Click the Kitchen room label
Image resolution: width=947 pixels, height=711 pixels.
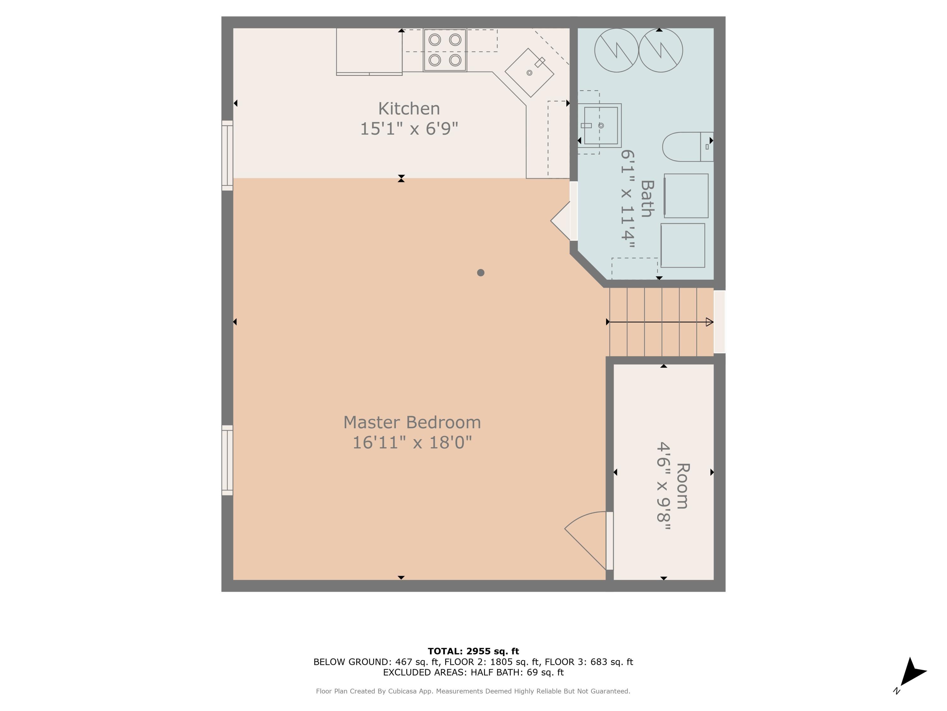tap(409, 109)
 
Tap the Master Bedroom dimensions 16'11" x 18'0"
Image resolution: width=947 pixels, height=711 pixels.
tap(412, 443)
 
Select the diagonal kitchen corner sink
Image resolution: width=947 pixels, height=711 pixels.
tap(530, 72)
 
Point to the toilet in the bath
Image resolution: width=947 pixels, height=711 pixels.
tap(685, 147)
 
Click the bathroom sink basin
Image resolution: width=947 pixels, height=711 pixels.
tap(601, 125)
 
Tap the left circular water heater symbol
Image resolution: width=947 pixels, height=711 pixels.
tap(616, 50)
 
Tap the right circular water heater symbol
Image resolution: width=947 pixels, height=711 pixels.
tap(661, 50)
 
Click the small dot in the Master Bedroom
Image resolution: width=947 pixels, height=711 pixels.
tap(480, 273)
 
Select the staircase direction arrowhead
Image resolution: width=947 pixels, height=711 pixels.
tap(709, 322)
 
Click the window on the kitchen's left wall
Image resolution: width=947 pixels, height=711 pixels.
tap(227, 155)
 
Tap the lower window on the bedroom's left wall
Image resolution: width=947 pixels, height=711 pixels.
tap(227, 460)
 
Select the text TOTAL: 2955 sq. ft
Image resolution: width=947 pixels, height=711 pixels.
tap(473, 651)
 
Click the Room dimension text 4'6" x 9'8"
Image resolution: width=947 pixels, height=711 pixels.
tap(663, 487)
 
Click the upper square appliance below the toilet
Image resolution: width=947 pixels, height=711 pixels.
tap(686, 196)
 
